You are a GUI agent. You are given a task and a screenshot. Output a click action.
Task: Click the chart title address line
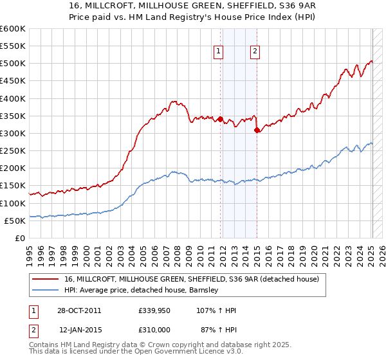193,5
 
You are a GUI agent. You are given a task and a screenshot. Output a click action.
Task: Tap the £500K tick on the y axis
13,64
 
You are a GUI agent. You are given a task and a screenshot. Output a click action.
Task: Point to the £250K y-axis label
13,151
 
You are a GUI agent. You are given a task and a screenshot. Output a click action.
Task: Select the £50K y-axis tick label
15,221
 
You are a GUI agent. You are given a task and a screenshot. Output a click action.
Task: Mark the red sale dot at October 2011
220,119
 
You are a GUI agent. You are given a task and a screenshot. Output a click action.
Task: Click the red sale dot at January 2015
257,130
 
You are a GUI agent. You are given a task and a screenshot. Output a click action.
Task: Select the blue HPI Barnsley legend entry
142,290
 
